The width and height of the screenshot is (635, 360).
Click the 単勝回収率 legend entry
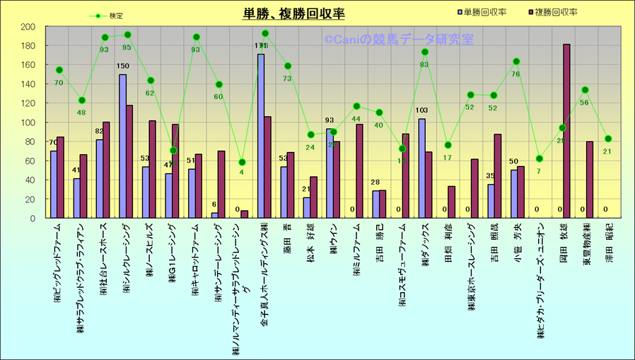click(x=485, y=12)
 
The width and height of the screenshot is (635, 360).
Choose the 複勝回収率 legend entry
click(x=556, y=12)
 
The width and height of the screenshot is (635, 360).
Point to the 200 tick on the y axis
click(x=28, y=27)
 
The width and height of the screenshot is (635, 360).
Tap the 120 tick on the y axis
click(x=28, y=103)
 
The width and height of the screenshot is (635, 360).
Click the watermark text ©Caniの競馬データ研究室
click(x=399, y=40)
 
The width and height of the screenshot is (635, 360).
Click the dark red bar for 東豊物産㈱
click(x=589, y=180)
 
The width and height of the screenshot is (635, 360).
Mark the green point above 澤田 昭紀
click(x=608, y=139)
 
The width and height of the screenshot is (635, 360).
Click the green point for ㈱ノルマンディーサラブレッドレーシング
click(x=242, y=162)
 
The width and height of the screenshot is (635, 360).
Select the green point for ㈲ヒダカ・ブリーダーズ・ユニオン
click(x=540, y=158)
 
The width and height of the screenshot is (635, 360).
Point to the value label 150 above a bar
click(x=123, y=66)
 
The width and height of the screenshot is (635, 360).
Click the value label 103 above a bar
click(x=422, y=110)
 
